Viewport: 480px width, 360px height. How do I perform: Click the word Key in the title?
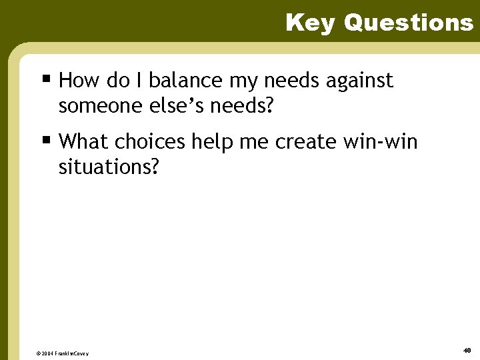coord(311,23)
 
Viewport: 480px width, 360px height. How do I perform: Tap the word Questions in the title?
coord(408,23)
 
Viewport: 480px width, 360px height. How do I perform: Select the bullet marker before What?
coord(46,141)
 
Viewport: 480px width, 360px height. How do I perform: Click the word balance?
coord(185,81)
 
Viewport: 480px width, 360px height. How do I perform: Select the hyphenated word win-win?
coord(381,141)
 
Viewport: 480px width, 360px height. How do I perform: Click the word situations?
coord(109,166)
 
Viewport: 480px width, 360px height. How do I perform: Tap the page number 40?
coord(467,350)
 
